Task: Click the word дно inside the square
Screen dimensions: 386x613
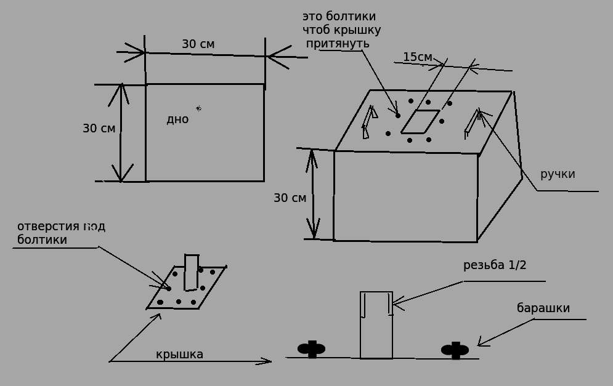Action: [x=177, y=119]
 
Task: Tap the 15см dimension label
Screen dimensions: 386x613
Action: [x=418, y=57]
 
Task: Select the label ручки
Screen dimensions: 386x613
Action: [x=558, y=174]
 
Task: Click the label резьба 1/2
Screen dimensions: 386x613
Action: [x=495, y=265]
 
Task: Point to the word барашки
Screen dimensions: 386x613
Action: [x=543, y=308]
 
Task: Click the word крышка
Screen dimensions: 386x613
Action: [x=179, y=355]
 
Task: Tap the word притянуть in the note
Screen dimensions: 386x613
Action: [x=338, y=43]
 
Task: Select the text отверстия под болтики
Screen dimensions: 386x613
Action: [x=60, y=233]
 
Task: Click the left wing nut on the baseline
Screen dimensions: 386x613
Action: [x=312, y=349]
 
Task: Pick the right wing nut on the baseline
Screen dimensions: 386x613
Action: [x=455, y=350]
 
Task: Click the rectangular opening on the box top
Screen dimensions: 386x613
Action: [x=420, y=121]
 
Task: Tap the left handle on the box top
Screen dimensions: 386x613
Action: [x=369, y=121]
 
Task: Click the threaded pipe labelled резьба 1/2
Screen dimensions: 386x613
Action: [x=376, y=324]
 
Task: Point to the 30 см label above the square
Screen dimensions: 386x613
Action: [x=198, y=44]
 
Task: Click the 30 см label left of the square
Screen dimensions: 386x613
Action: [x=99, y=129]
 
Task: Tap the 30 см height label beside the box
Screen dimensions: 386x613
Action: [x=290, y=198]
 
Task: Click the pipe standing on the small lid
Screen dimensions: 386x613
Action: [x=192, y=271]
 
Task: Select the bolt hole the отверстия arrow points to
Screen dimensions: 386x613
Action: [x=168, y=288]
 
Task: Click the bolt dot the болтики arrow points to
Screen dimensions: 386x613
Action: [x=397, y=116]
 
